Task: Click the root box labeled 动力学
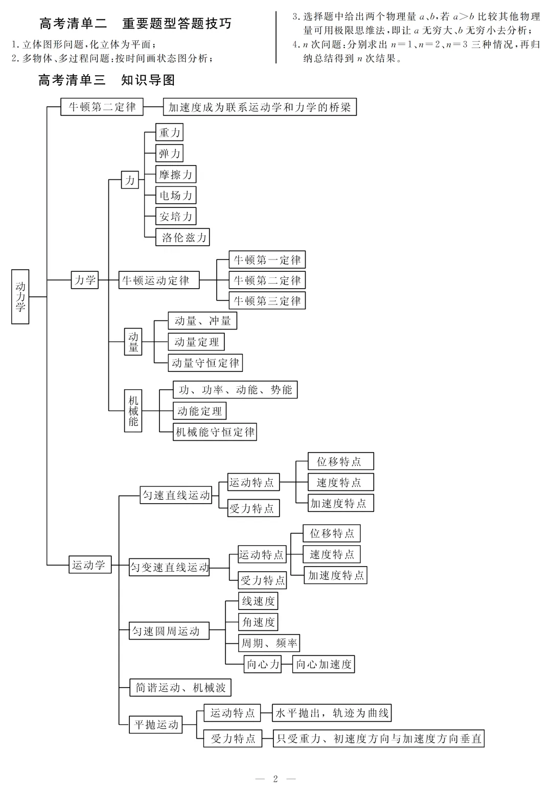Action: pos(20,296)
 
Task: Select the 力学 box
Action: pos(85,280)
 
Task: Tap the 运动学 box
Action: pos(90,565)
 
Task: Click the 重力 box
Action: pos(170,132)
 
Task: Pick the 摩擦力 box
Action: pos(176,174)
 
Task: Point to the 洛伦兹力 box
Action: pos(183,237)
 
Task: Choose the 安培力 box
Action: pos(176,216)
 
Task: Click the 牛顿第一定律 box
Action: pos(267,260)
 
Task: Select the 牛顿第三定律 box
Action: pos(267,301)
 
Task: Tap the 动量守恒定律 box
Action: pos(205,363)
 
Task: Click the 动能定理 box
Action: pos(199,411)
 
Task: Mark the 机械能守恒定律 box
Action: pos(215,432)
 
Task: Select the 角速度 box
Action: pos(258,622)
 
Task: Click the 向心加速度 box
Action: pos(324,664)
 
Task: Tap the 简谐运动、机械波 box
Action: pos(180,688)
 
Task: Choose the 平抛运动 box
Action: pos(156,724)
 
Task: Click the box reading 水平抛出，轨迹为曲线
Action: pos(332,713)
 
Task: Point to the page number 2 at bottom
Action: pos(275,779)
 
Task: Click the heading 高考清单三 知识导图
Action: pos(107,80)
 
